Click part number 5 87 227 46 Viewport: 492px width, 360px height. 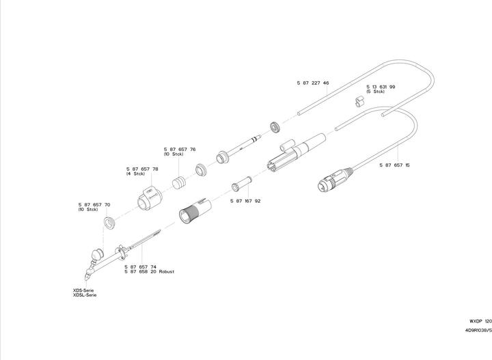pos(313,83)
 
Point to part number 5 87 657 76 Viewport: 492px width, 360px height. pos(180,149)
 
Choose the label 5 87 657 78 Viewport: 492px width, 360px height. pos(142,169)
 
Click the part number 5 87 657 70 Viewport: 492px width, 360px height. pos(94,204)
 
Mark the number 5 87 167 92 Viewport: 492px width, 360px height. pos(245,201)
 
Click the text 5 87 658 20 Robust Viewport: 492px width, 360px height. pos(149,271)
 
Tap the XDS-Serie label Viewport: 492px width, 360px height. pos(85,290)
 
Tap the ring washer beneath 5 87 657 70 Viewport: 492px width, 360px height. pos(109,223)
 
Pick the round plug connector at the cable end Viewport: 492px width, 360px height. pos(326,182)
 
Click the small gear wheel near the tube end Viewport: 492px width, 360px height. pos(273,127)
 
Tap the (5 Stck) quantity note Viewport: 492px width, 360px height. pos(377,92)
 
